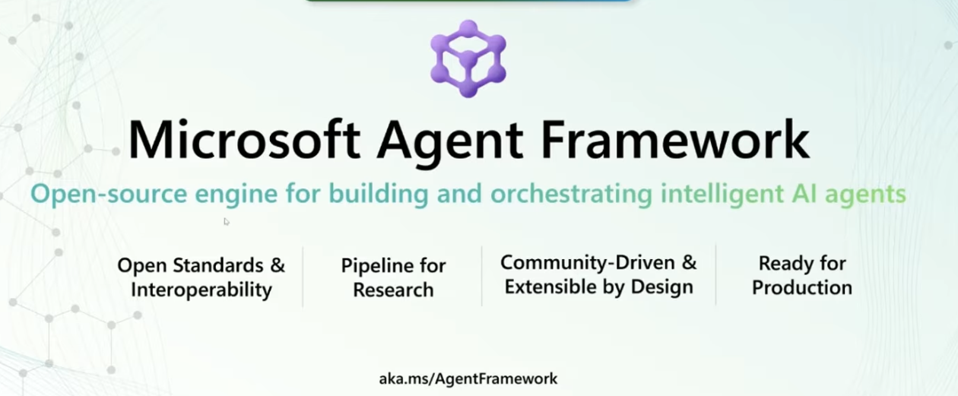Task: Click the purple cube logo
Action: [468, 59]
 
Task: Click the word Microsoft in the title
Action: [244, 140]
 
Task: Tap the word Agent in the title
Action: [449, 143]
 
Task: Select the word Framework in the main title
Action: [675, 139]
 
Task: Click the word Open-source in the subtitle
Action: [109, 194]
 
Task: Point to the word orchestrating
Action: [571, 194]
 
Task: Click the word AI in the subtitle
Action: [804, 193]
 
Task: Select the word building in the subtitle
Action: [379, 194]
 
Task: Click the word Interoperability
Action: [201, 290]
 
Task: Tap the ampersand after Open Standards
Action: [278, 265]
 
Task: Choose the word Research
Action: [393, 290]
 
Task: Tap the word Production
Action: [802, 287]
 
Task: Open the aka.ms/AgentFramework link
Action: [468, 379]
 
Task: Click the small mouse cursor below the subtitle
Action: [227, 221]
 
